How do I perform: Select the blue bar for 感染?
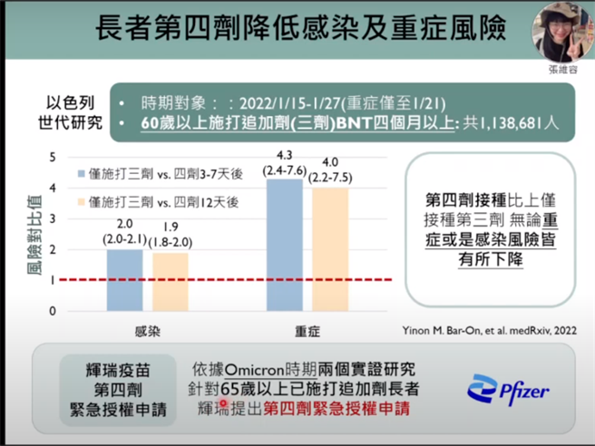(x=125, y=280)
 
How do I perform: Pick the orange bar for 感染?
(x=170, y=282)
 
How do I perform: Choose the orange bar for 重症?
(x=329, y=249)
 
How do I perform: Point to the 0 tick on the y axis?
(x=54, y=311)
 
